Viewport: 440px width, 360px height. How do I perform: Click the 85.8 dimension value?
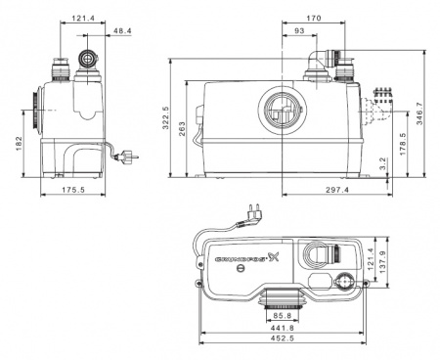pyautogui.click(x=281, y=317)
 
